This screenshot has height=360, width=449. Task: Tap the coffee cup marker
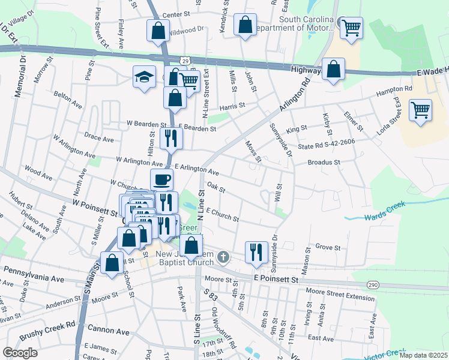161,179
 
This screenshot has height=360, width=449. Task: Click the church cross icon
223,257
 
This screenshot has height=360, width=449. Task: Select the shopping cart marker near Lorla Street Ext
421,110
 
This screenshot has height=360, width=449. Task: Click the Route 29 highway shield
187,61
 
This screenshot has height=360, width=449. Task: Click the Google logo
20,353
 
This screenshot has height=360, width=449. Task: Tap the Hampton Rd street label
394,91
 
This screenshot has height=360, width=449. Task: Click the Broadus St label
324,162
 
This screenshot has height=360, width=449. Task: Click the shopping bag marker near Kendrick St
245,25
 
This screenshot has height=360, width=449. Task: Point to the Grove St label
328,247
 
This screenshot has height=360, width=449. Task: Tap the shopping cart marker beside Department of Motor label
351,28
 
